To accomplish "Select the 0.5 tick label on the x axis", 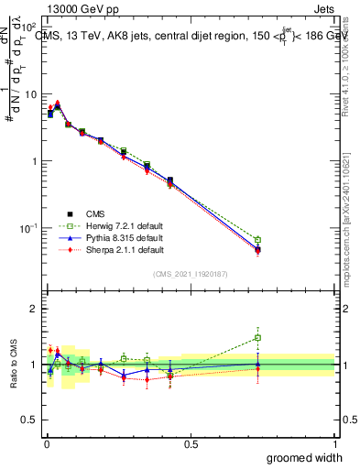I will [x=190, y=443].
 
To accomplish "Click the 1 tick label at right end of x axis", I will [x=334, y=443].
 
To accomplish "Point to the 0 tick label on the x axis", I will [x=46, y=443].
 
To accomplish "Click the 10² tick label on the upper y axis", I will [x=29, y=28].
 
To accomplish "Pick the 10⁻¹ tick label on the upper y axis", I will [x=27, y=227].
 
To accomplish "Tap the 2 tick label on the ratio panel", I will [x=34, y=309].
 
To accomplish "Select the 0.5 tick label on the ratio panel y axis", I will [x=29, y=393].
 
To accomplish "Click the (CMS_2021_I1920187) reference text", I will [x=190, y=274].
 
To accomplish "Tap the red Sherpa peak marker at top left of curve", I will [x=58, y=104].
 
